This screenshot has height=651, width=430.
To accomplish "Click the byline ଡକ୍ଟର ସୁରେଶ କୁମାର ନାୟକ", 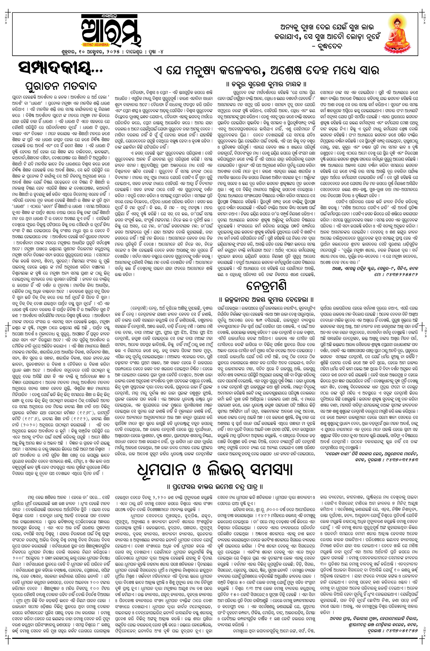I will [x=267, y=83].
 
